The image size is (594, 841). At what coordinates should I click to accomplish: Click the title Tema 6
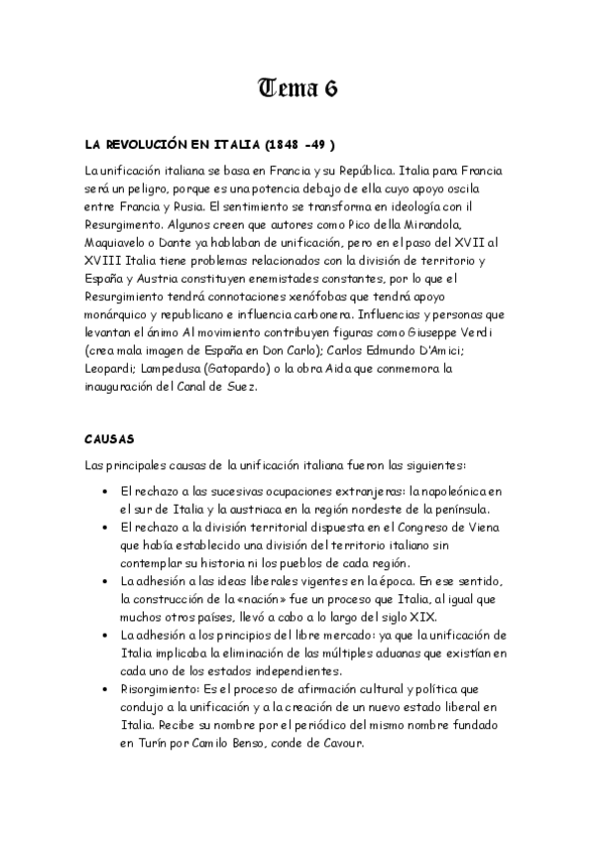click(x=297, y=88)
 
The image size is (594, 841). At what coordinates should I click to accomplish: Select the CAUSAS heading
click(x=109, y=436)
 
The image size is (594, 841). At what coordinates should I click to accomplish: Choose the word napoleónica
click(x=449, y=491)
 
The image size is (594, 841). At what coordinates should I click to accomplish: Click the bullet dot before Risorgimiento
click(x=106, y=688)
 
